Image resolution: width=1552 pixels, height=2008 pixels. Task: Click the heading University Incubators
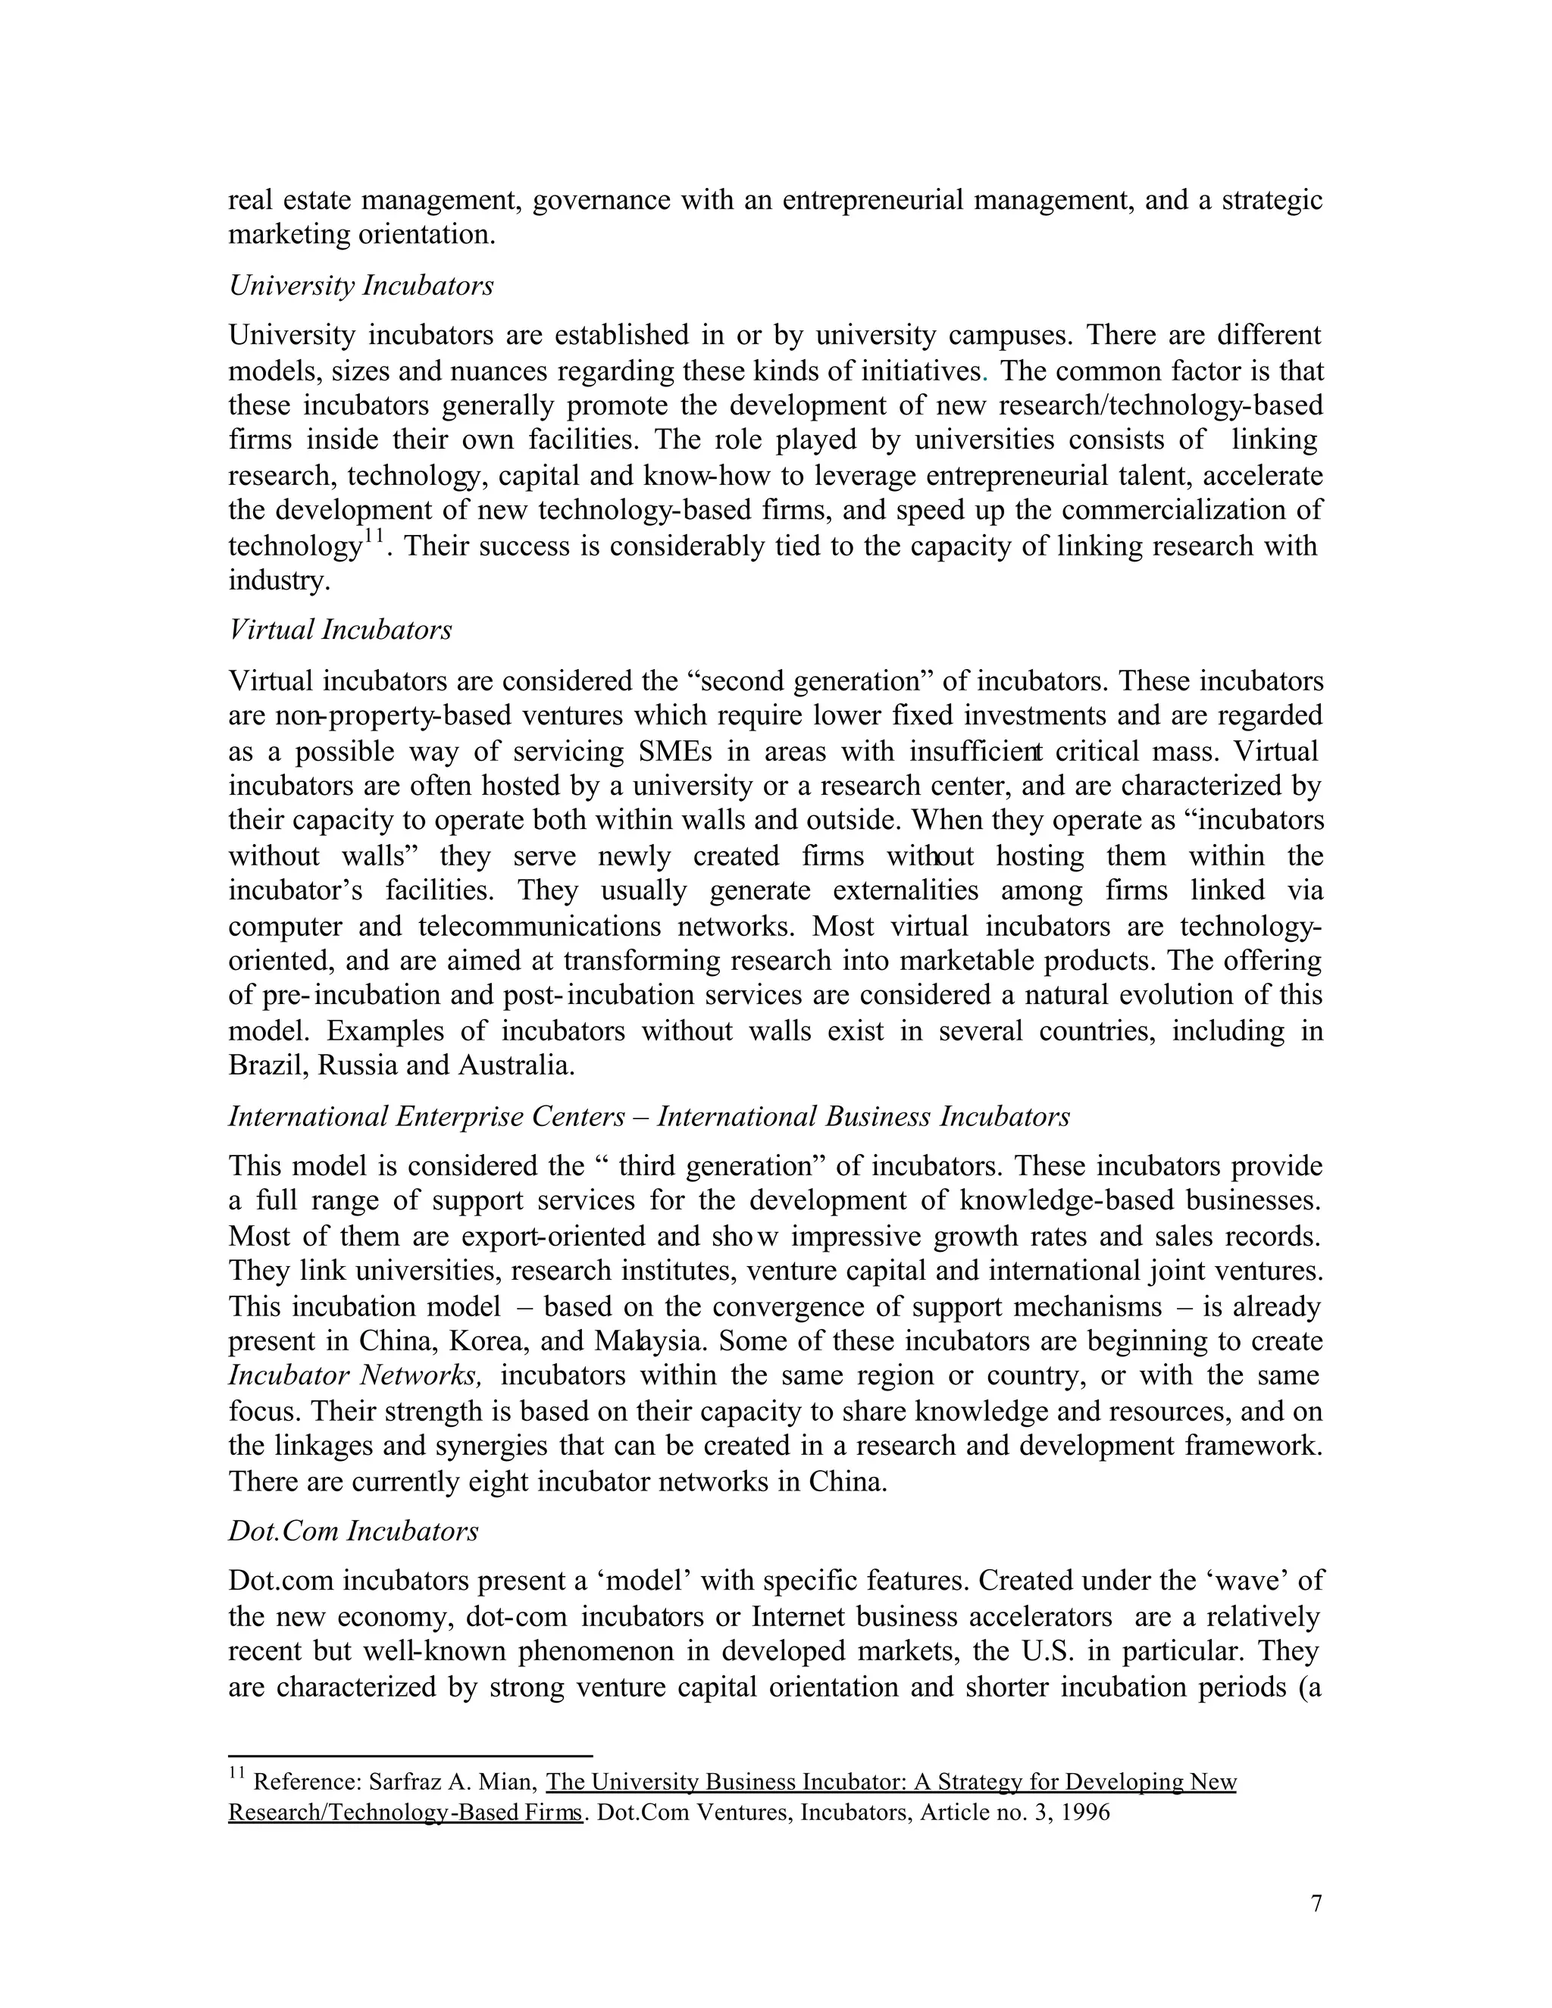(x=361, y=286)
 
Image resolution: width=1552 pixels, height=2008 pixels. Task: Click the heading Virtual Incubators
(x=340, y=630)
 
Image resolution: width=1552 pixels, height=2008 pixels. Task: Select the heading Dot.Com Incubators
(x=353, y=1531)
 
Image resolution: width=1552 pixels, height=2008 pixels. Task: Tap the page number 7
(x=1316, y=1903)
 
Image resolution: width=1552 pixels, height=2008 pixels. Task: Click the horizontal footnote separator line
(x=410, y=1755)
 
